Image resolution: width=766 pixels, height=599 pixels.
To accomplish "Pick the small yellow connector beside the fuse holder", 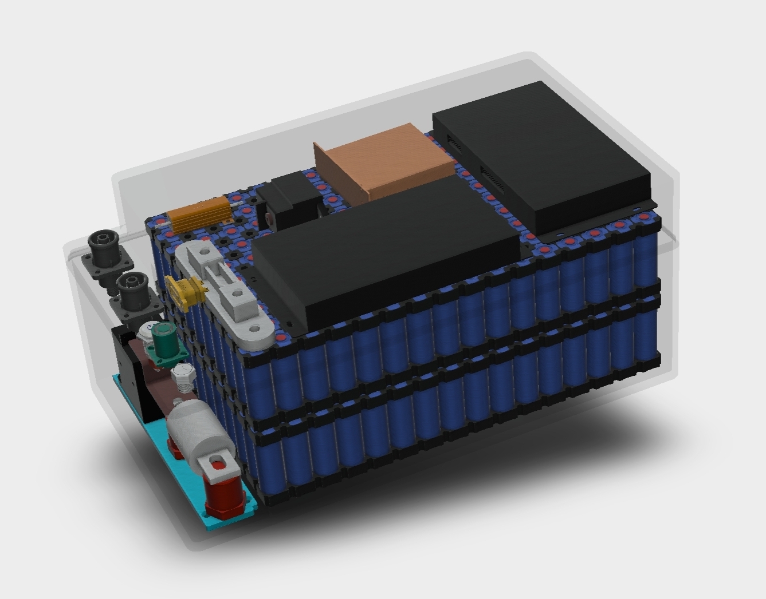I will coord(184,292).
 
